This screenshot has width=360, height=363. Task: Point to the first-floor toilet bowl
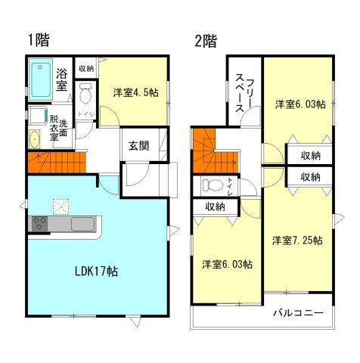pyautogui.click(x=85, y=95)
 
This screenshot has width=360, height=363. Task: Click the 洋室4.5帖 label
pyautogui.click(x=135, y=93)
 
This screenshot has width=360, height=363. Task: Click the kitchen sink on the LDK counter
pyautogui.click(x=81, y=224)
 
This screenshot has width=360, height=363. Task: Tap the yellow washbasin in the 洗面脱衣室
pyautogui.click(x=34, y=140)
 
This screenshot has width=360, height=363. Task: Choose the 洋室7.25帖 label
pyautogui.click(x=297, y=240)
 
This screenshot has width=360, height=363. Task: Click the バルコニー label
pyautogui.click(x=298, y=313)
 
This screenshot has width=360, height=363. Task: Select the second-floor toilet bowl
pyautogui.click(x=213, y=185)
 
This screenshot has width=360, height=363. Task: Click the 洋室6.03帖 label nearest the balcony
pyautogui.click(x=227, y=265)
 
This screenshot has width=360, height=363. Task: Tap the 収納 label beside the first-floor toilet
pyautogui.click(x=85, y=68)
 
